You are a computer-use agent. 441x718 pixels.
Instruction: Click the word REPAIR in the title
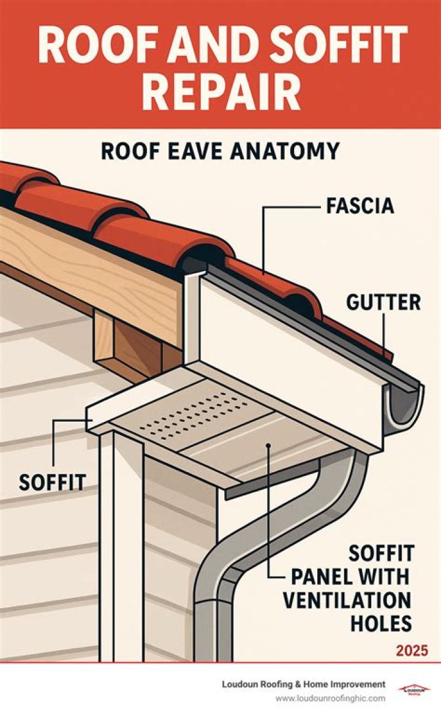221,93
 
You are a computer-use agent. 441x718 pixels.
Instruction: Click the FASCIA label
361,205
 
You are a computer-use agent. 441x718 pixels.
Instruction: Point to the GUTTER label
383,303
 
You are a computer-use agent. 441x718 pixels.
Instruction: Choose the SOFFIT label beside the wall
52,482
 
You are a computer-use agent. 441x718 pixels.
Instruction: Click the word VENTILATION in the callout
347,600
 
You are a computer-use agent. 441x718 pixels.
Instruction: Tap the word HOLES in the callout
381,623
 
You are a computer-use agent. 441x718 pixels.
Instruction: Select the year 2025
412,650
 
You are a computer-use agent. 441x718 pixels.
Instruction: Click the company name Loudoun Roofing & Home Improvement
304,684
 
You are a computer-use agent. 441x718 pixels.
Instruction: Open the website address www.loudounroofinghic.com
330,698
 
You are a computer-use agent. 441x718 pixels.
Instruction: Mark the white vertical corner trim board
121,545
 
